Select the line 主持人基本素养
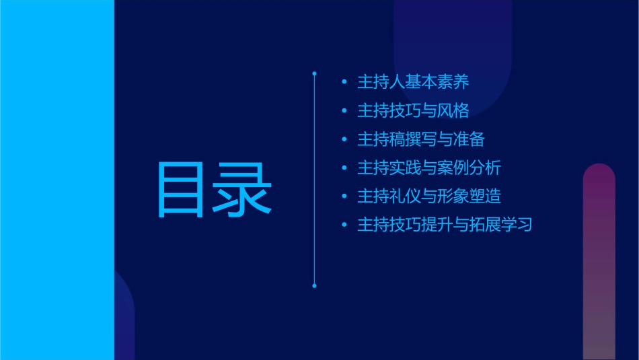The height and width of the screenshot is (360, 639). [x=412, y=82]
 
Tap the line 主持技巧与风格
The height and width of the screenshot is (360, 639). [x=412, y=110]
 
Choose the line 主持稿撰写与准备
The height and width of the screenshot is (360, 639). [x=420, y=139]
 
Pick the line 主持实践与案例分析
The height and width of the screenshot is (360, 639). [x=428, y=168]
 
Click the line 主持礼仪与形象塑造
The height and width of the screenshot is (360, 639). [x=428, y=196]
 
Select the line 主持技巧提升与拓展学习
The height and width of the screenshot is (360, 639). [x=444, y=225]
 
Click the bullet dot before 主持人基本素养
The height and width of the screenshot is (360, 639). [x=344, y=83]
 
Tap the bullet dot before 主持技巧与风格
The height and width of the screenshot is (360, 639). [x=344, y=111]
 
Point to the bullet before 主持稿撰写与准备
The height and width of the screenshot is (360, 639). [x=344, y=140]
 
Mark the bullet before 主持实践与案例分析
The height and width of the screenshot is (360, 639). [x=344, y=168]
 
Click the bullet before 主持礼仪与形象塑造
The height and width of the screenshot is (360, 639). [x=344, y=197]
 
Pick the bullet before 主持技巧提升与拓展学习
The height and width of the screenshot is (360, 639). [x=344, y=225]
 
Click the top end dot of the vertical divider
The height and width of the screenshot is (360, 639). [x=314, y=72]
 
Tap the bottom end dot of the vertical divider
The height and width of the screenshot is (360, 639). [x=314, y=286]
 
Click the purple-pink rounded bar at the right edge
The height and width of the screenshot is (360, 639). [x=599, y=262]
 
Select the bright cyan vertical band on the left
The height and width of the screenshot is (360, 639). [x=57, y=180]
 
